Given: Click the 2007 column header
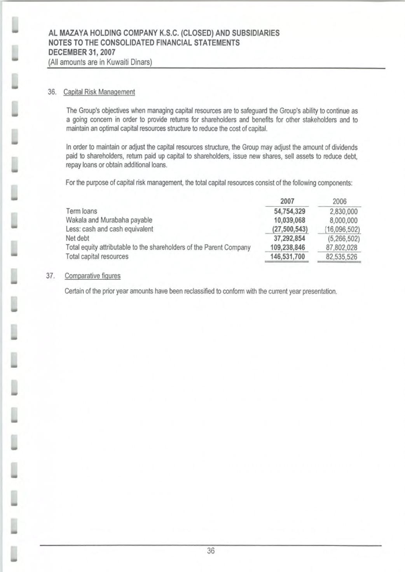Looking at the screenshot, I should click(x=287, y=201).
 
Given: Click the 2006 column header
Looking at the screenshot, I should click(x=339, y=201).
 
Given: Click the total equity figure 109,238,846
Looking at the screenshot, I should click(x=288, y=247).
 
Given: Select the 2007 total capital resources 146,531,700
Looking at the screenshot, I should click(x=288, y=256).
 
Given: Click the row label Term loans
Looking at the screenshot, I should click(x=82, y=211).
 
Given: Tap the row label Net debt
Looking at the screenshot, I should click(x=77, y=238).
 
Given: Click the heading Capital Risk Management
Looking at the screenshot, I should click(x=99, y=92).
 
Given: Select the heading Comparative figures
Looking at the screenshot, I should click(x=93, y=276).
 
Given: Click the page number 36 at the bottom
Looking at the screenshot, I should click(x=211, y=550).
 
